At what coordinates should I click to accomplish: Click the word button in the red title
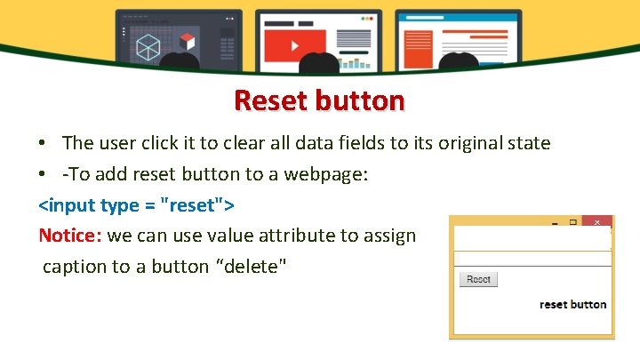[x=360, y=100]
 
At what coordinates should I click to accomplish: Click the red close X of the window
[x=597, y=222]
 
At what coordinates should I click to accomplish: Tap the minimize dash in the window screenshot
[x=554, y=224]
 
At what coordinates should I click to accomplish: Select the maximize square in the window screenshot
[x=573, y=222]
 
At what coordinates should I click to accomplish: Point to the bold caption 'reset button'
[x=572, y=304]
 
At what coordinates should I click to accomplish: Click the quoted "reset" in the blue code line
[x=195, y=205]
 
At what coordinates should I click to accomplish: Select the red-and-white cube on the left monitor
[x=187, y=41]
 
